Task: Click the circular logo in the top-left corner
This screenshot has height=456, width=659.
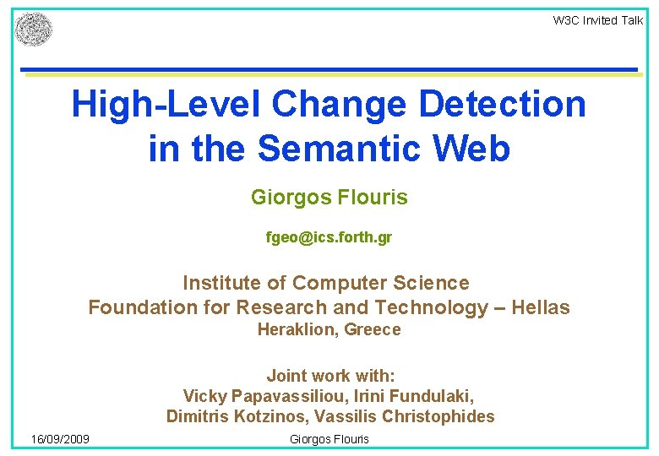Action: point(34,30)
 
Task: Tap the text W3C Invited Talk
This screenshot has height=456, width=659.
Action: point(597,20)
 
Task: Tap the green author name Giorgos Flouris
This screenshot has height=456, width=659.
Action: point(329,198)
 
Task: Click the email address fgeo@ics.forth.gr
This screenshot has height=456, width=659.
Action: point(329,238)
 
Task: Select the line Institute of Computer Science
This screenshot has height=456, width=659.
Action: point(325,283)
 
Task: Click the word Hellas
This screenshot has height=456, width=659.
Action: point(542,307)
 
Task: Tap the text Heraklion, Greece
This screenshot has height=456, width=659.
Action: point(329,330)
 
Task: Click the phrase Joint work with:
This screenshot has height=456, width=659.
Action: point(330,376)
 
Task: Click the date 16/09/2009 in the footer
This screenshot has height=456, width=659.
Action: point(60,439)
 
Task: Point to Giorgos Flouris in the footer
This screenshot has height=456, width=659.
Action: point(329,439)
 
